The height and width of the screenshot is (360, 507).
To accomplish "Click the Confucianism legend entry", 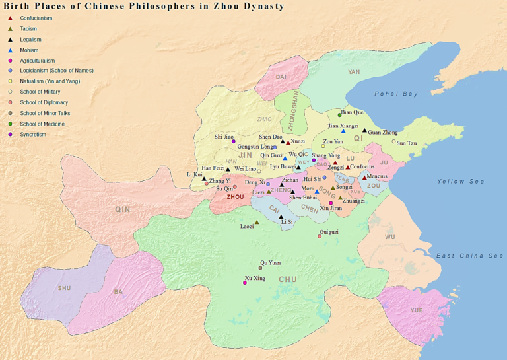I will [x=36, y=18].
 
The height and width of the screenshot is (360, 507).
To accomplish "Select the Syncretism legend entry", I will [x=33, y=134].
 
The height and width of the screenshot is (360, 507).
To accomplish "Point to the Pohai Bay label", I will [x=396, y=94].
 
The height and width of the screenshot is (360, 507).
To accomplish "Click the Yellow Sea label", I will [x=460, y=181].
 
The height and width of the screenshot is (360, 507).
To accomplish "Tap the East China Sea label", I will [x=469, y=256].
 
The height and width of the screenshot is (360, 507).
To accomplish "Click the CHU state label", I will [x=288, y=279].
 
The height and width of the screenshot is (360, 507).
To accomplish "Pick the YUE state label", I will [x=416, y=310].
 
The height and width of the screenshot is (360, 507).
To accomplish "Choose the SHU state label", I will [x=63, y=288].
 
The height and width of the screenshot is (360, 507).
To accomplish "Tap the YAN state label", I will [x=354, y=72].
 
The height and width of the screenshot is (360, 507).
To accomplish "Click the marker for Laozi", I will [x=257, y=222].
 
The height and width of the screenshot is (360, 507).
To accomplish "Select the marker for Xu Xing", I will [x=245, y=283].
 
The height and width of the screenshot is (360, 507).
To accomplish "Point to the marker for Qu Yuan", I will [x=260, y=268].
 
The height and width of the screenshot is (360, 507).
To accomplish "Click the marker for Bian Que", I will [x=340, y=116].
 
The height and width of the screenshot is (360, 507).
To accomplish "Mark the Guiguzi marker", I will [x=320, y=236].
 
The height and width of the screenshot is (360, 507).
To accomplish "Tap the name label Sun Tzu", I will [x=407, y=143].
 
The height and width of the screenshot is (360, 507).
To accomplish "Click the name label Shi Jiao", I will [x=224, y=137].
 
